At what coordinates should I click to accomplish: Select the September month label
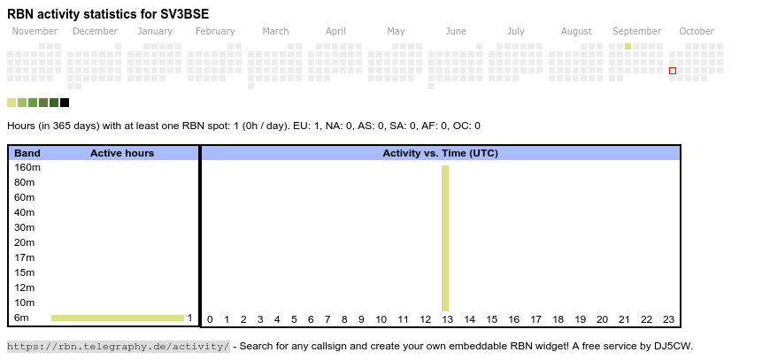[x=636, y=31]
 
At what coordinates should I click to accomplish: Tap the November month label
[x=35, y=31]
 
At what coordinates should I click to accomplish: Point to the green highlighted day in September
[x=628, y=46]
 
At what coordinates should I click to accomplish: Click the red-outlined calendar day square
[x=673, y=71]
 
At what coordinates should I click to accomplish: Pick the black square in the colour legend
[x=65, y=103]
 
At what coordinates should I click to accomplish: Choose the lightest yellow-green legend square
[x=12, y=103]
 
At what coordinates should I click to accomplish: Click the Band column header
[x=27, y=153]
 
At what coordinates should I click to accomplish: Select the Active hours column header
[x=122, y=153]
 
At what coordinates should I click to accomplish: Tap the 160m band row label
[x=27, y=167]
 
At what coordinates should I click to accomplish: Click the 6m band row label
[x=21, y=318]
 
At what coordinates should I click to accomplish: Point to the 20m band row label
[x=25, y=242]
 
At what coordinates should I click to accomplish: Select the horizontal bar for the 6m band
[x=117, y=318]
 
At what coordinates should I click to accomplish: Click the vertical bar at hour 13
[x=445, y=238]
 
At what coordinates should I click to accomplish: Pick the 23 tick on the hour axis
[x=668, y=320]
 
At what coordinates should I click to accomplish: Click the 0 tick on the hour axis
[x=210, y=320]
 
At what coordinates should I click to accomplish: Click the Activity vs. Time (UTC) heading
[x=440, y=153]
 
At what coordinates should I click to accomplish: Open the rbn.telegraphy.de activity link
[x=119, y=346]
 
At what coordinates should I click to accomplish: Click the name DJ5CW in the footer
[x=674, y=346]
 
